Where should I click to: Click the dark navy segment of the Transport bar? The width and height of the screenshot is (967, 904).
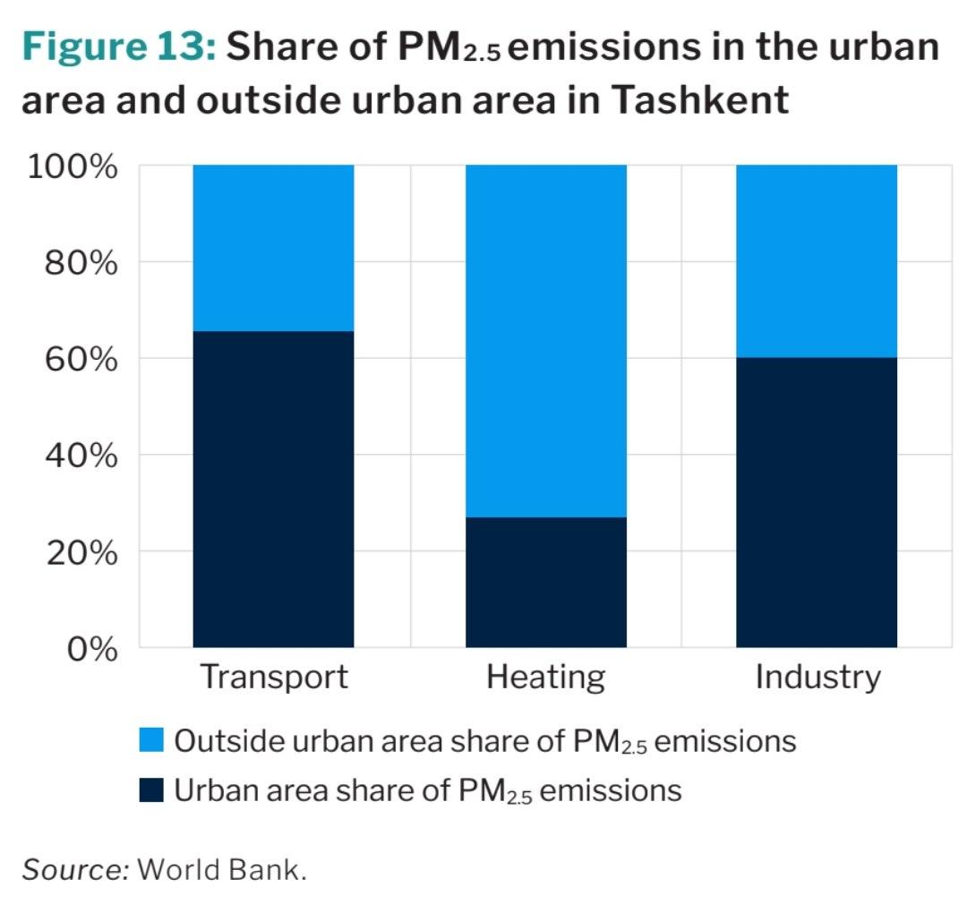click(273, 489)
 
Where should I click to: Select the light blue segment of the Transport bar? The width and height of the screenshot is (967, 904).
click(273, 248)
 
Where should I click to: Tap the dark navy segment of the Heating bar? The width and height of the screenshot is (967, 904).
click(545, 582)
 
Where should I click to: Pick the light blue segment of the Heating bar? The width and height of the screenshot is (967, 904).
click(545, 341)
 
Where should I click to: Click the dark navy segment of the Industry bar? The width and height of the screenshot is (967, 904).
click(816, 502)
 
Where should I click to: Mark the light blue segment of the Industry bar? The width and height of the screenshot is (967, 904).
click(816, 261)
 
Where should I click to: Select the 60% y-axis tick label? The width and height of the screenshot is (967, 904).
click(81, 360)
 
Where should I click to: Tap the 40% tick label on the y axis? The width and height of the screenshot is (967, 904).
click(81, 456)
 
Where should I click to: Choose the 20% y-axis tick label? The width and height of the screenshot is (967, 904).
click(81, 553)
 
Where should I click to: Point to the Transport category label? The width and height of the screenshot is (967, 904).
click(273, 677)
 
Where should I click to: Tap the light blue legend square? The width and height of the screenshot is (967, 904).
click(151, 741)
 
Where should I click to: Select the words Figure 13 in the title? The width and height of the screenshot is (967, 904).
click(117, 47)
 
